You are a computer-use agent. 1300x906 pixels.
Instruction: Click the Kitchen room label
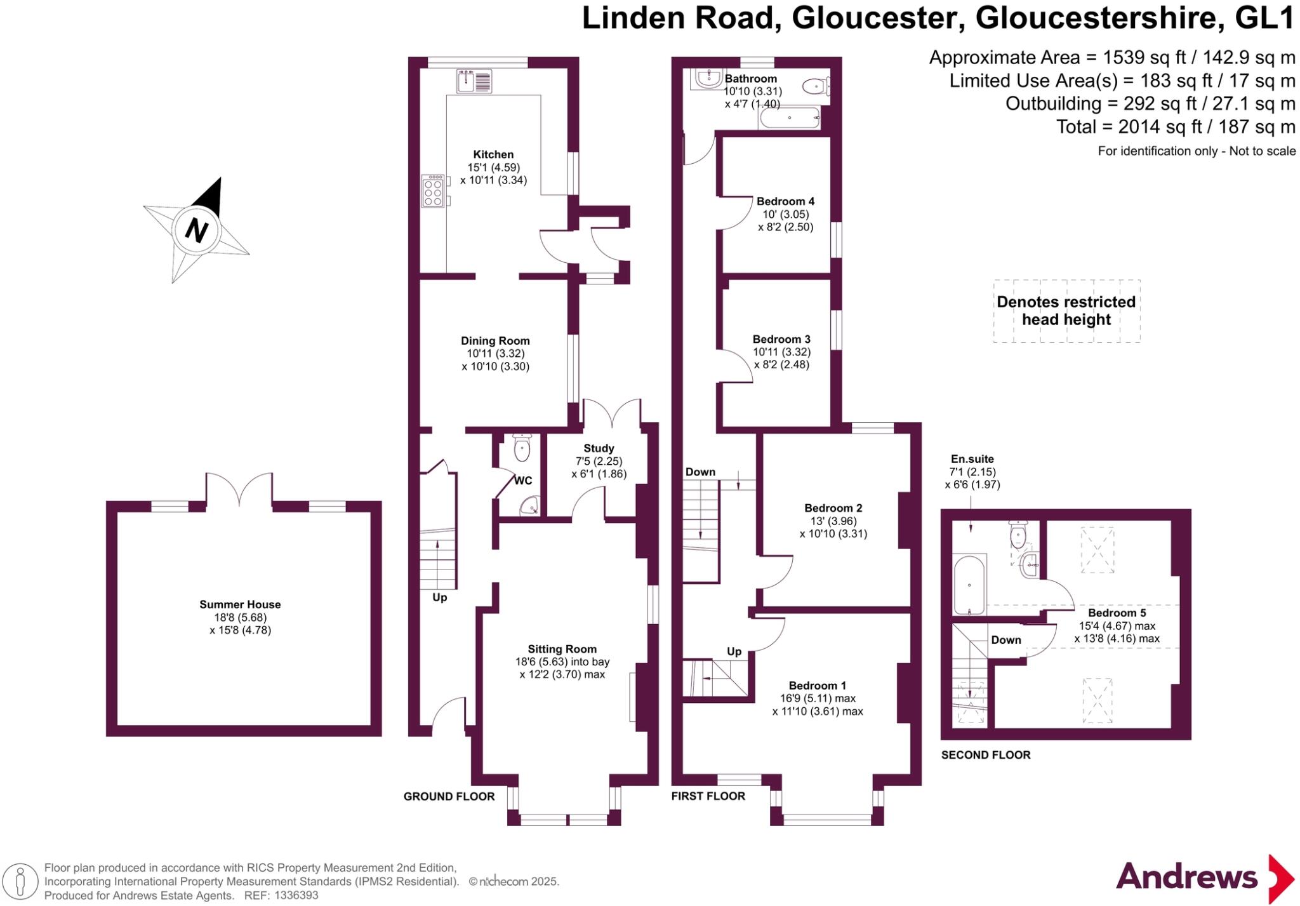(x=493, y=154)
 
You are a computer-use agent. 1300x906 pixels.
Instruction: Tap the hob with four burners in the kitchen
(x=433, y=191)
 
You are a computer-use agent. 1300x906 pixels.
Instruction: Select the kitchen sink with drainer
(x=474, y=81)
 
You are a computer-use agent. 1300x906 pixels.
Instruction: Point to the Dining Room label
(x=495, y=341)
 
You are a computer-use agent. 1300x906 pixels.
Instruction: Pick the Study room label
(x=599, y=448)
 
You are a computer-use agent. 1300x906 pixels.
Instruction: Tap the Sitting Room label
(x=562, y=649)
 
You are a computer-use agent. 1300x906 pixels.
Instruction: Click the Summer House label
(x=240, y=604)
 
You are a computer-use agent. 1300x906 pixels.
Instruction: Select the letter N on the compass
(x=197, y=229)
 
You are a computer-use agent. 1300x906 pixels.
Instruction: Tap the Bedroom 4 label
(x=785, y=201)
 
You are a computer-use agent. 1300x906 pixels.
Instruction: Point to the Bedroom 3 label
(x=781, y=339)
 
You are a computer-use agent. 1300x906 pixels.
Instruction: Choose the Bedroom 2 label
(x=833, y=508)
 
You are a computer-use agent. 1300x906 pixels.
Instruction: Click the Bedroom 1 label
(x=817, y=686)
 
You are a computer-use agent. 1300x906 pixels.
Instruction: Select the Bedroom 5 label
(x=1117, y=613)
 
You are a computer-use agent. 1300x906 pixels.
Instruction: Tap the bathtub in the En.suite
(x=969, y=585)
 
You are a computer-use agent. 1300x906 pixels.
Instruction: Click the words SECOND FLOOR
(x=985, y=755)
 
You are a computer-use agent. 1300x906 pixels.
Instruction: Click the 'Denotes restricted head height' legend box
(x=1066, y=311)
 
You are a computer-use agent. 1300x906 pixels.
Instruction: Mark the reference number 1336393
(x=295, y=896)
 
